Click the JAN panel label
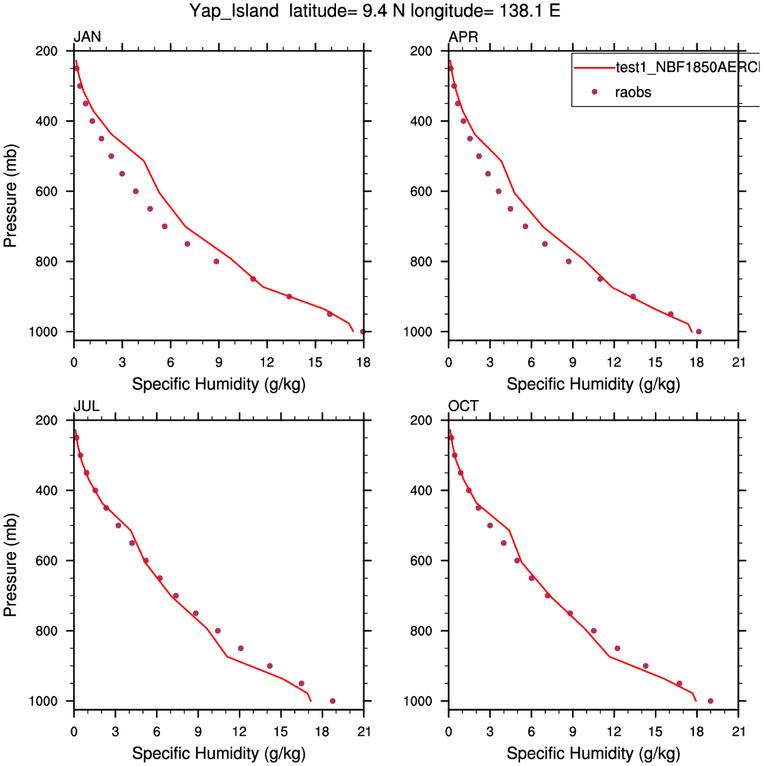tap(88, 37)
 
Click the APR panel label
tap(463, 37)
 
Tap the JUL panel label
tap(87, 406)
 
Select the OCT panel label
tap(463, 406)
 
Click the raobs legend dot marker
tap(595, 92)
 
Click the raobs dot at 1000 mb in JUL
tap(333, 701)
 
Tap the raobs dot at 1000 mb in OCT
tap(710, 701)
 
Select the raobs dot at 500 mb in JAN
tap(112, 156)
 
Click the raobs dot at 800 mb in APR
tap(568, 261)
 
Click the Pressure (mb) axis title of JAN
tap(12, 191)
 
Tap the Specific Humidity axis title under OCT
tap(593, 754)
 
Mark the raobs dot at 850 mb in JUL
tap(240, 648)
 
